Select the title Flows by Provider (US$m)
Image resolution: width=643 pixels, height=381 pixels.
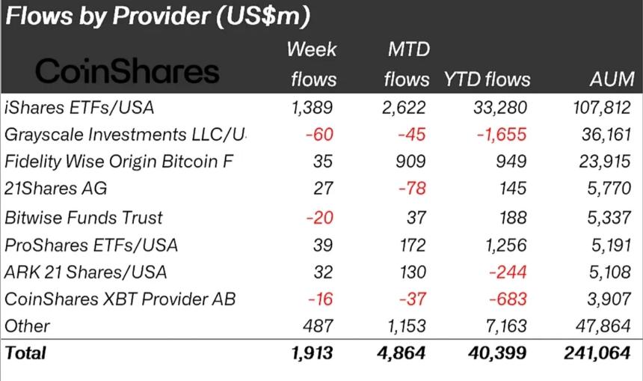[x=158, y=16]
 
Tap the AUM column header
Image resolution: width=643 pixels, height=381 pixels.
[x=612, y=79]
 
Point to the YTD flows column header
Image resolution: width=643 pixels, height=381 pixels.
[x=487, y=79]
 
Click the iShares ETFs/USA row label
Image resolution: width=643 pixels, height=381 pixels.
[x=79, y=107]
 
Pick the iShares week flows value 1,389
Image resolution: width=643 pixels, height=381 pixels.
[x=313, y=107]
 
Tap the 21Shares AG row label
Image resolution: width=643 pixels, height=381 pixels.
[x=52, y=189]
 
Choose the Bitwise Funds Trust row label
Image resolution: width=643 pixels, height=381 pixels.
[x=84, y=217]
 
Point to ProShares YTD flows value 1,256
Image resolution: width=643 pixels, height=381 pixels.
[x=505, y=244]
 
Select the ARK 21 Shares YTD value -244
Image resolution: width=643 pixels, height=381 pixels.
[x=508, y=272]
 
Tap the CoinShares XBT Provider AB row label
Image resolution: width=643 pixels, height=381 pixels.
[x=120, y=299]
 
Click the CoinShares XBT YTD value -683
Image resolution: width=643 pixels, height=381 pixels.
[x=508, y=299]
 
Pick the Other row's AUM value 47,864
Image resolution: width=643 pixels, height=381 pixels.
[x=609, y=326]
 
